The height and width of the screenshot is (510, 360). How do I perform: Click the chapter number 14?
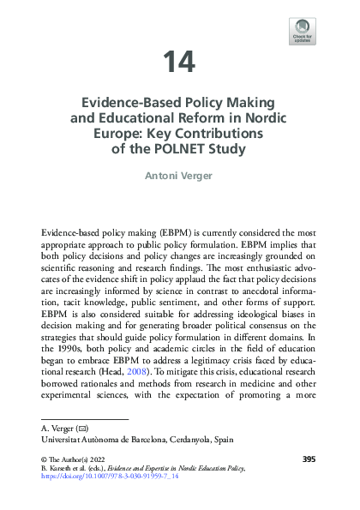(x=180, y=62)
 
